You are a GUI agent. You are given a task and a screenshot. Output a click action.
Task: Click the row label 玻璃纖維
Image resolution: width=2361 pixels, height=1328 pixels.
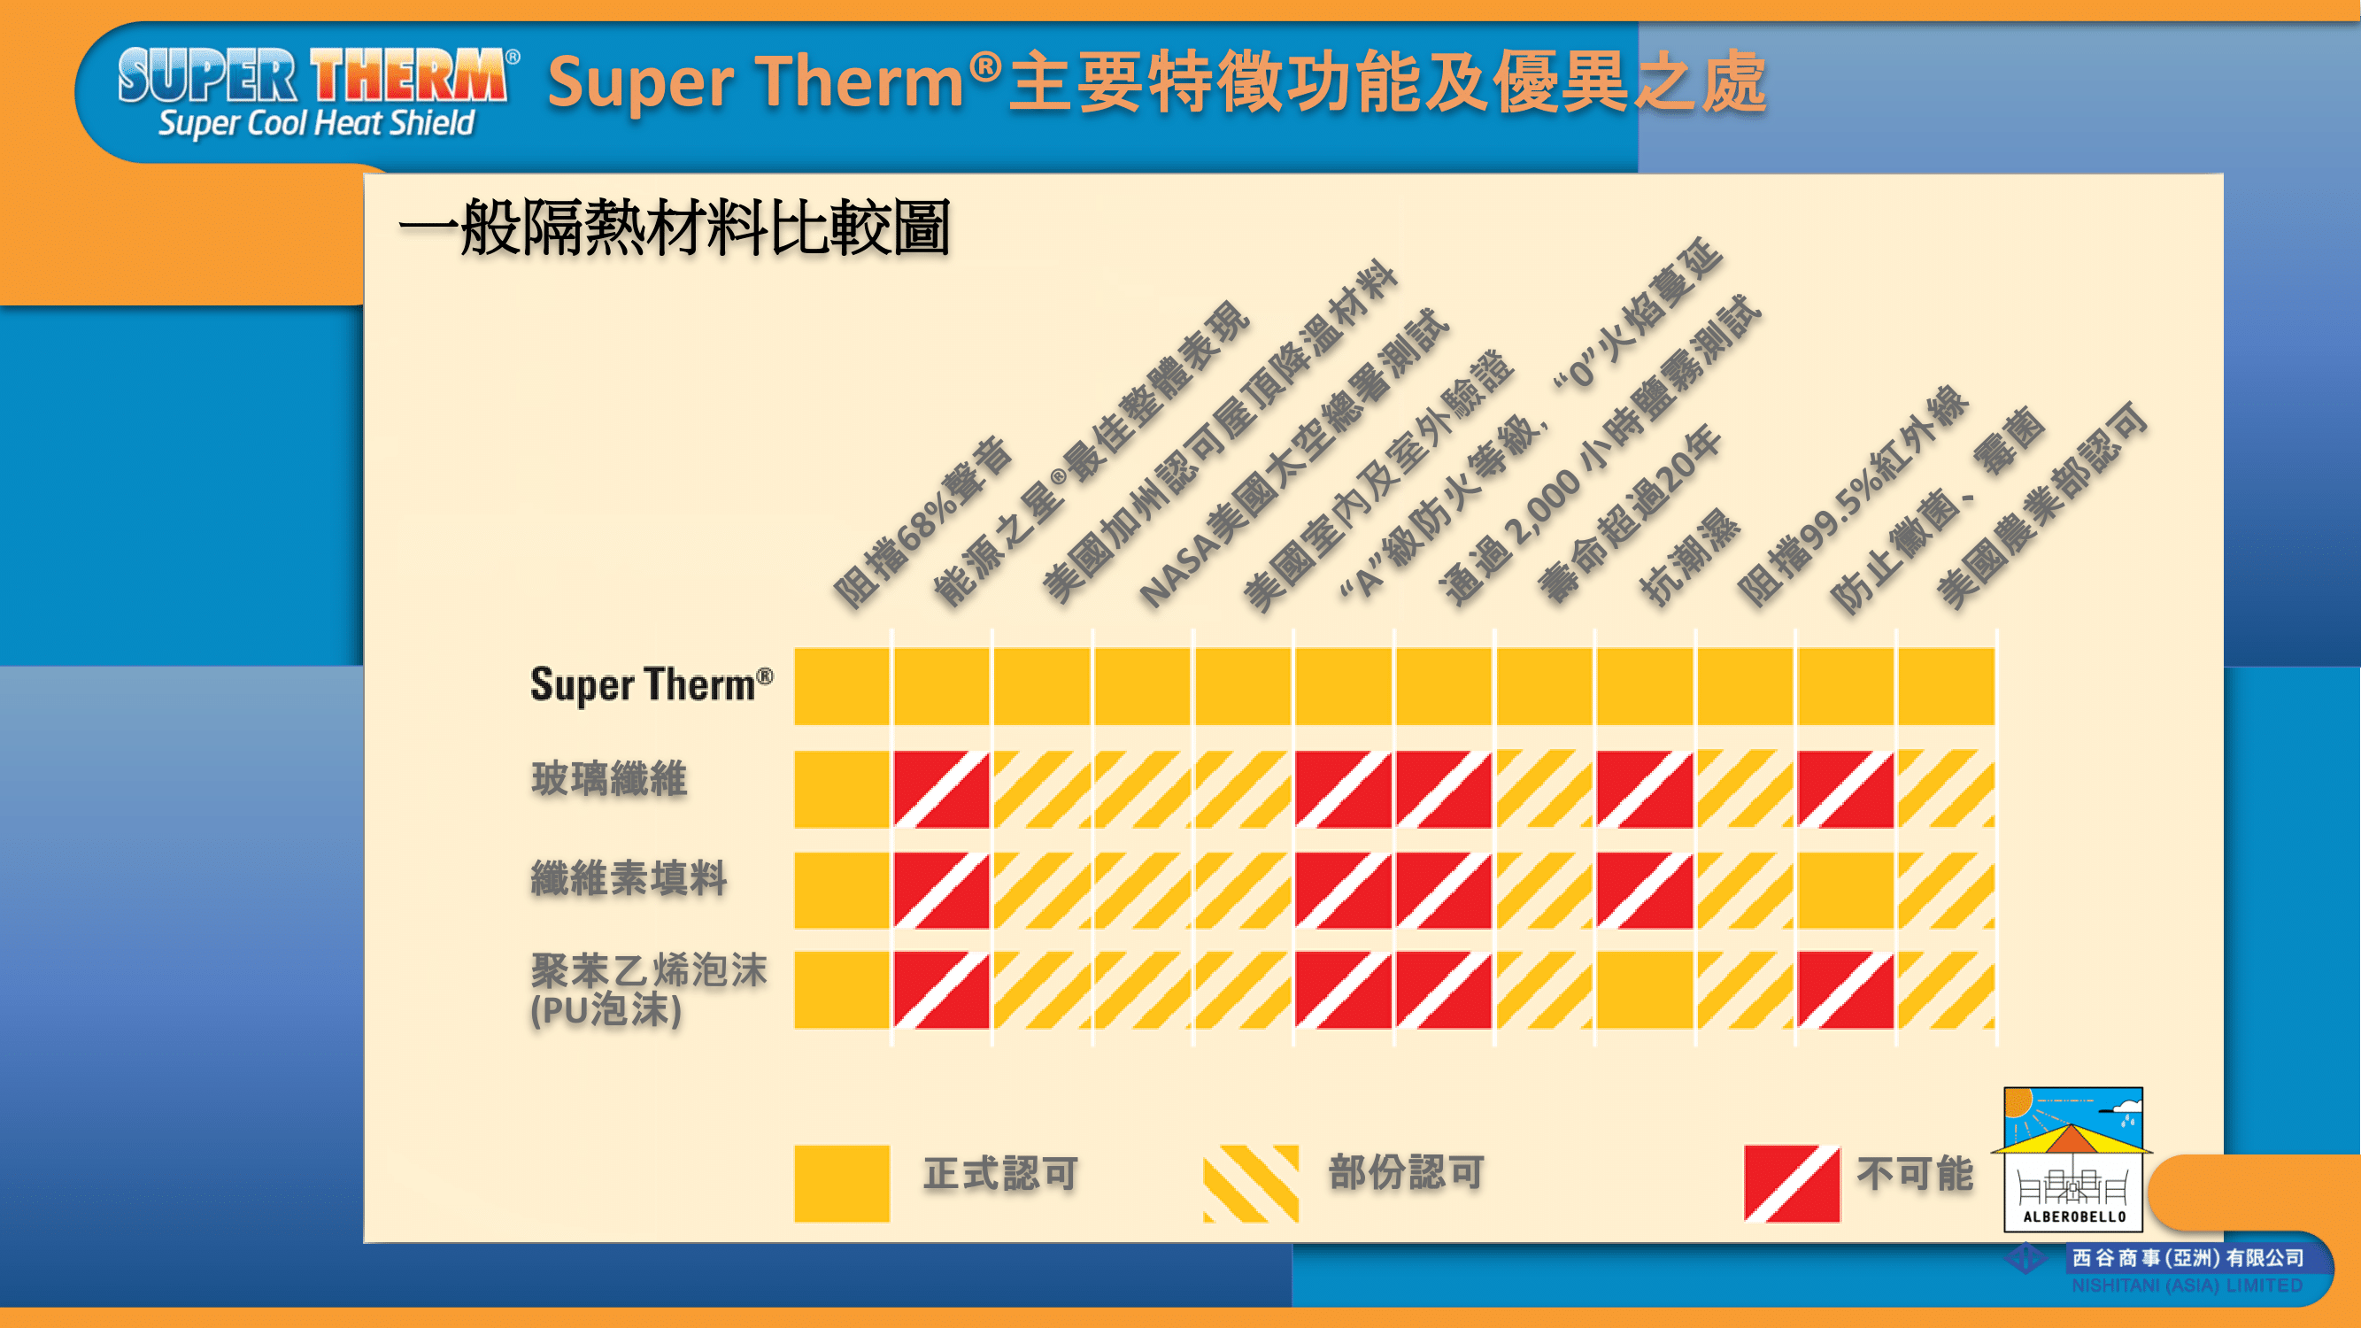pos(608,779)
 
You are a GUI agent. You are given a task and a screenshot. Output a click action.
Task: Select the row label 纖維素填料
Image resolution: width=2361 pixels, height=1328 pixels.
pos(629,878)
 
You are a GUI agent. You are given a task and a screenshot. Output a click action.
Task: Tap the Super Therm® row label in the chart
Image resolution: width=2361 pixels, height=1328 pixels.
pos(652,684)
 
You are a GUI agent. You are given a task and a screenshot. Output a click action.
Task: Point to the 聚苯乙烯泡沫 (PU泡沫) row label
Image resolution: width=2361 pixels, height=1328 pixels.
pos(649,990)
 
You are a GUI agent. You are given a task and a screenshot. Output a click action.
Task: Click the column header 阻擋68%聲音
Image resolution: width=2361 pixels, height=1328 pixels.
pos(922,523)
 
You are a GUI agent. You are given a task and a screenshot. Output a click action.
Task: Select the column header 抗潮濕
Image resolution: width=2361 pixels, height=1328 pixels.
pos(1689,556)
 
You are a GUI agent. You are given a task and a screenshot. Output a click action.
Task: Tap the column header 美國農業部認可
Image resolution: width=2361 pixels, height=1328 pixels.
pos(2042,505)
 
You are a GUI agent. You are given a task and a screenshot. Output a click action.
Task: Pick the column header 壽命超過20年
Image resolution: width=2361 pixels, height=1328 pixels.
pos(1630,514)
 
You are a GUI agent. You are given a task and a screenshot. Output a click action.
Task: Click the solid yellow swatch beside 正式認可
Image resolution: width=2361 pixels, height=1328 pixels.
pos(841,1183)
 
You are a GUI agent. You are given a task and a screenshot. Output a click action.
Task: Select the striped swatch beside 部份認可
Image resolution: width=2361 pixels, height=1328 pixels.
pos(1250,1183)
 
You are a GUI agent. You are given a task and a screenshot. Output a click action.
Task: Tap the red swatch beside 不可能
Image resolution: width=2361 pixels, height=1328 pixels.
pos(1792,1183)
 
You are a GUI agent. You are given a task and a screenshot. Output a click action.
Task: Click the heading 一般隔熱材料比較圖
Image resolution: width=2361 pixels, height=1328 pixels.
pos(675,228)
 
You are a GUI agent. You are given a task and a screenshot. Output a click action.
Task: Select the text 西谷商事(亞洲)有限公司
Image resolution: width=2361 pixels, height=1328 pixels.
pos(2187,1258)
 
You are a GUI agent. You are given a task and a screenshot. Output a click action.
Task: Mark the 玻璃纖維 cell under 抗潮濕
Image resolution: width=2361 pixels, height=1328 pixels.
pos(1644,789)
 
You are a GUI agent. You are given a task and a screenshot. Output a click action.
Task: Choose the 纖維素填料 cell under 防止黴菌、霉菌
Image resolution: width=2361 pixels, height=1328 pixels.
pos(1845,890)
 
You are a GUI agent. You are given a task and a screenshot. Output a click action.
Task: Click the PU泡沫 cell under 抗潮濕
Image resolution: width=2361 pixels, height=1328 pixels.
pos(1644,990)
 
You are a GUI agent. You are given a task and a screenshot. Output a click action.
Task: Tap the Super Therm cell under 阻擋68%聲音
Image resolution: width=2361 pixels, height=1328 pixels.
pos(841,686)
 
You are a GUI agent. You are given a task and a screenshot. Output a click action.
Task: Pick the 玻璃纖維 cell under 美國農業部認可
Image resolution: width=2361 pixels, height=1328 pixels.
pos(1946,789)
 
